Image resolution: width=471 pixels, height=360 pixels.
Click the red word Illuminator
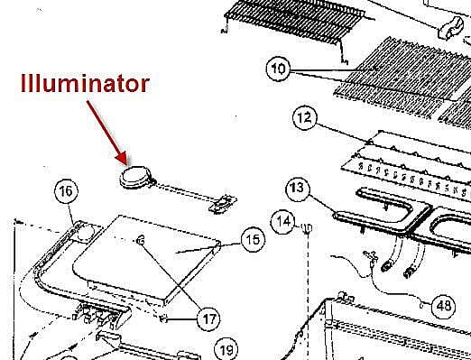85,83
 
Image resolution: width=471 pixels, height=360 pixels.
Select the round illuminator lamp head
135,177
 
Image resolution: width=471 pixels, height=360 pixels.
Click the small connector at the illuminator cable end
223,204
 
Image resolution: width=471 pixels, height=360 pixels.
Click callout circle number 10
278,69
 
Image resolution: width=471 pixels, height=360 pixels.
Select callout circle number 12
305,117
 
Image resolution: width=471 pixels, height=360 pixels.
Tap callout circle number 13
298,189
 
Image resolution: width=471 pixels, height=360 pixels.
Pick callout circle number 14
282,222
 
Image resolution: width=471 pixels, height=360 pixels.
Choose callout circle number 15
253,240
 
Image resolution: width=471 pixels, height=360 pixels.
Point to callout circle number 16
66,191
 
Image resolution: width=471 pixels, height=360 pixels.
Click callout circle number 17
208,318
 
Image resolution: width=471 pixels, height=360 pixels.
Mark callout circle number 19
226,350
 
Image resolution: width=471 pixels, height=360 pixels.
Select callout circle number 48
443,306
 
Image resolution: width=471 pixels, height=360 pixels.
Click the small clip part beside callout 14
307,228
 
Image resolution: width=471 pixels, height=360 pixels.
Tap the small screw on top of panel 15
140,240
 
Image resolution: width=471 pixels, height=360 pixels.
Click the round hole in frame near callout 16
85,233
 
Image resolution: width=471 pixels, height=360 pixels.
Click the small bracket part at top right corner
451,28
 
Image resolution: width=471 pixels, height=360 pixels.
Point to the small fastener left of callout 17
163,318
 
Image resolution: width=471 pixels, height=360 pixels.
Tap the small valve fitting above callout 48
370,256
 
